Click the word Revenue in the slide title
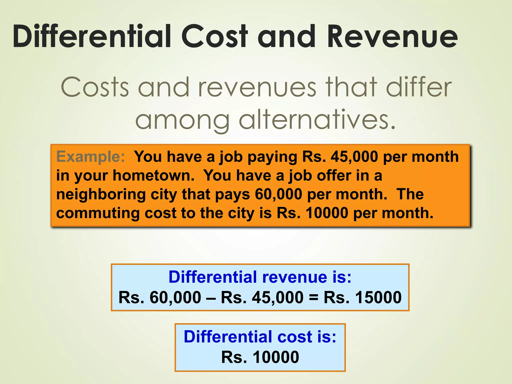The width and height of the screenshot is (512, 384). click(392, 36)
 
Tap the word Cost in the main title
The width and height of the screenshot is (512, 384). click(215, 36)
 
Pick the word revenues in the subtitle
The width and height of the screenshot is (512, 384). click(257, 87)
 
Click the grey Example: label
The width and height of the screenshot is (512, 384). click(90, 157)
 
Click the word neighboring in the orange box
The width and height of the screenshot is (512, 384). click(101, 194)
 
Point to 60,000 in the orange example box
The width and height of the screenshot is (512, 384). click(278, 194)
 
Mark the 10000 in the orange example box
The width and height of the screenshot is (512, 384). click(327, 213)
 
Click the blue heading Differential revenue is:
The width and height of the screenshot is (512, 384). click(260, 277)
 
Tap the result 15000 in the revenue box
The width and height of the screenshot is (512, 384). click(378, 297)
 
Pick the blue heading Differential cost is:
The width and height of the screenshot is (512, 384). click(260, 336)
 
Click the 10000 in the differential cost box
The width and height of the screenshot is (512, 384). click(276, 357)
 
